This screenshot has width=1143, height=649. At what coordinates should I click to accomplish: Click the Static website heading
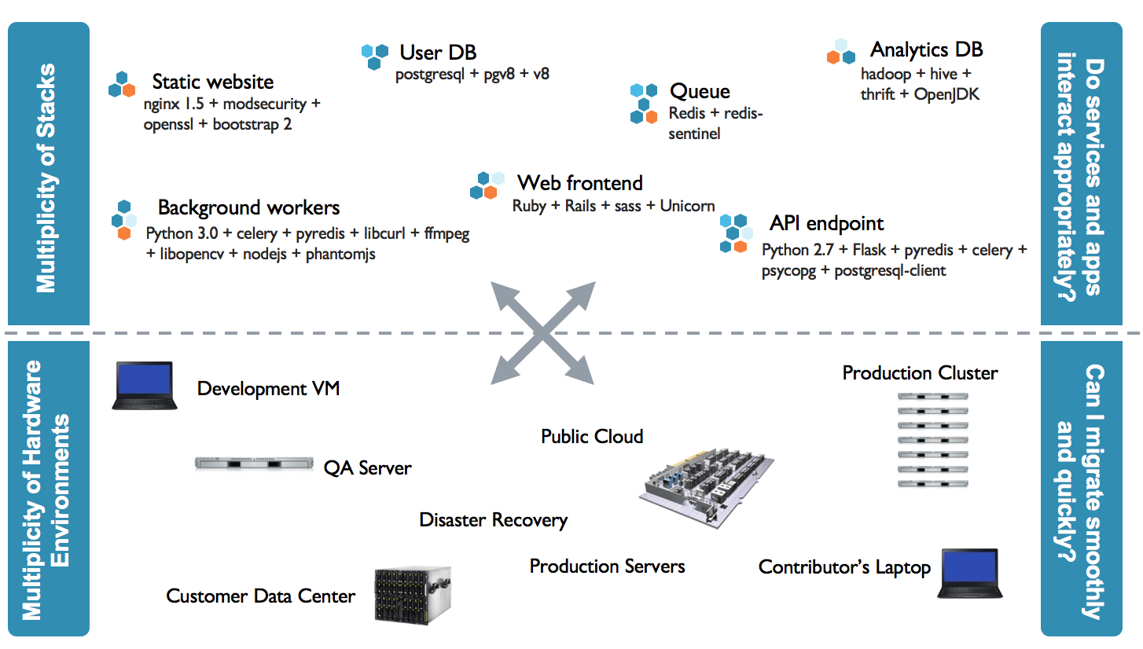[212, 82]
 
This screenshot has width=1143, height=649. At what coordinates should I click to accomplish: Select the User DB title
[438, 53]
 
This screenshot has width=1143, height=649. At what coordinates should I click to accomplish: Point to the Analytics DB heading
[926, 49]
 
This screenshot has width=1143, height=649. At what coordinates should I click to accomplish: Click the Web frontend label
[579, 183]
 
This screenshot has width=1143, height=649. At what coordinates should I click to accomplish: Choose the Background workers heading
[248, 207]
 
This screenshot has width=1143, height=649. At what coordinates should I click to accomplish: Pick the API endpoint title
[826, 223]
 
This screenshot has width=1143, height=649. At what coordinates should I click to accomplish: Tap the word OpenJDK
[946, 95]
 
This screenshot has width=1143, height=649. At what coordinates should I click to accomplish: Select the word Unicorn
[687, 206]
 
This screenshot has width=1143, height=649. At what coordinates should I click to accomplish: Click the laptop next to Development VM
[144, 385]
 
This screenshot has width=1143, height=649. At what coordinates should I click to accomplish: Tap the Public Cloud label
[592, 436]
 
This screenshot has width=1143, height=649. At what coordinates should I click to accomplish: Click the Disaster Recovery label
[493, 519]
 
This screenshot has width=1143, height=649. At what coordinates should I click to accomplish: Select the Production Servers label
[607, 566]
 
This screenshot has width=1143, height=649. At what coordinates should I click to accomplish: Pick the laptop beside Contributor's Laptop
[970, 574]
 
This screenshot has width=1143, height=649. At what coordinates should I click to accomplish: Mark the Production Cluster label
[920, 372]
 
